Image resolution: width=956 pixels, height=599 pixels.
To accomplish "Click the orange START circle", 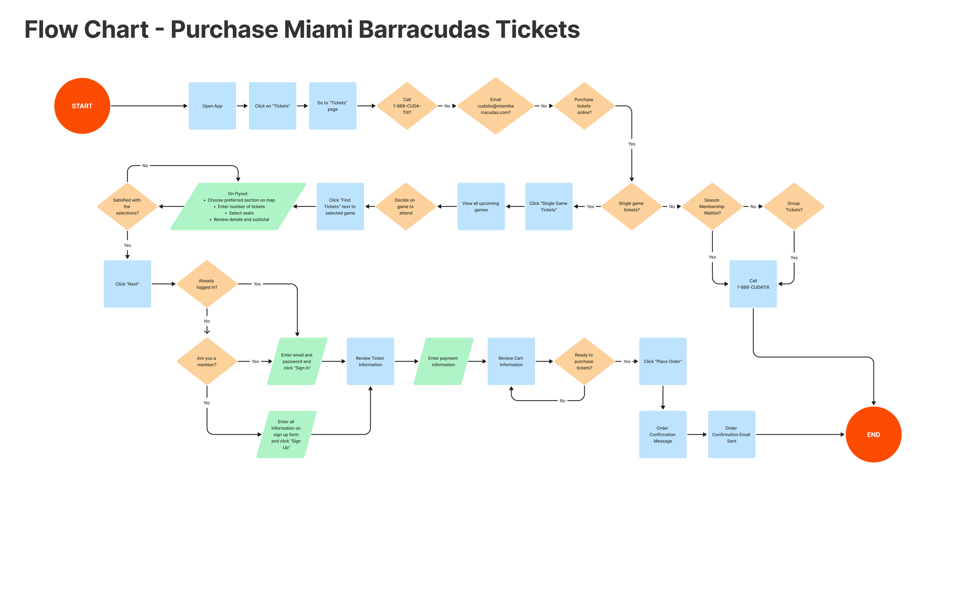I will [x=82, y=106].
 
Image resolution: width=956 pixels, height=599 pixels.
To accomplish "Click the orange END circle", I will [x=873, y=434].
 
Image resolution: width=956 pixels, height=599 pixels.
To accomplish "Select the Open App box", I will [x=212, y=106].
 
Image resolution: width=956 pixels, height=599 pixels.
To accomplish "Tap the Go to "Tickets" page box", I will [x=332, y=106].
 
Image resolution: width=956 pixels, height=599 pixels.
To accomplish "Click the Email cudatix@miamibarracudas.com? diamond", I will [x=496, y=106].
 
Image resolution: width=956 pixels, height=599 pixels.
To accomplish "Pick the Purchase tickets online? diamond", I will [x=584, y=106].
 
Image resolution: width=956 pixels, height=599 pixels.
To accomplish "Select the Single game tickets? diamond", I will [x=631, y=207].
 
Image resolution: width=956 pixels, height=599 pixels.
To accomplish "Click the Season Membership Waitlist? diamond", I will [x=712, y=207].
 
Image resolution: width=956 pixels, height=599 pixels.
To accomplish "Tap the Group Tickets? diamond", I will [x=793, y=207].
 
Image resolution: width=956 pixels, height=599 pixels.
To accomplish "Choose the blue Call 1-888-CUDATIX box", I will [x=753, y=284].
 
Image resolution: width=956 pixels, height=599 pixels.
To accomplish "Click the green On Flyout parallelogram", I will [x=238, y=207].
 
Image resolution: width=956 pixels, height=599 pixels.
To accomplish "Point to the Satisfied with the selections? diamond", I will [x=127, y=207].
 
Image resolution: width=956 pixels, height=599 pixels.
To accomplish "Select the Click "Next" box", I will [x=127, y=284].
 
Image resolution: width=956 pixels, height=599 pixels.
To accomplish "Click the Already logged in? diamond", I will [x=207, y=284].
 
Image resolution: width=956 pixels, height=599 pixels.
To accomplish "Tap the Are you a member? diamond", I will [x=207, y=361].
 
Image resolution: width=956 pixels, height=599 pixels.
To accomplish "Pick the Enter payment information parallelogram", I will [x=443, y=361].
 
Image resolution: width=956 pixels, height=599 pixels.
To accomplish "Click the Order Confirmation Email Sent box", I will [x=731, y=434].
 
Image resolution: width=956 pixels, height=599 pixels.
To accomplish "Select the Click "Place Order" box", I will [x=663, y=361].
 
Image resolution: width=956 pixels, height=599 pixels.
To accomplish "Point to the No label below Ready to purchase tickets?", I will [x=563, y=401].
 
